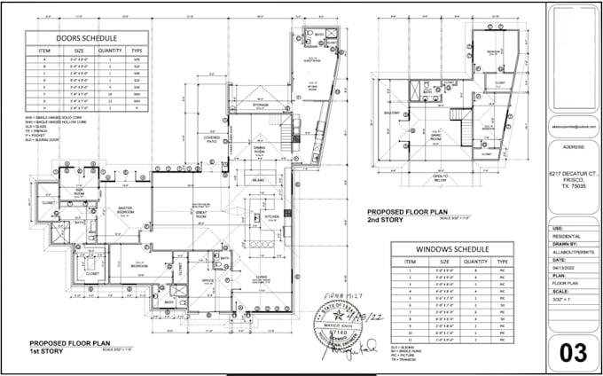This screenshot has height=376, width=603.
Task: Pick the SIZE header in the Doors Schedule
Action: (78, 52)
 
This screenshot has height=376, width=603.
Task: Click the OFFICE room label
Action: (208, 281)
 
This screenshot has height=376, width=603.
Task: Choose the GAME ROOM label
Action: (436, 114)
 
